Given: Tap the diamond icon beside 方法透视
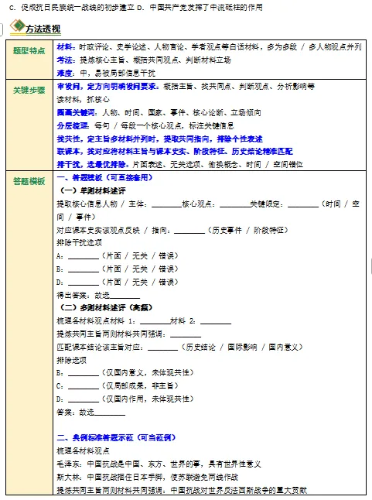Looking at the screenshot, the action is (x=16, y=28).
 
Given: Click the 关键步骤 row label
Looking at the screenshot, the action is (x=30, y=90).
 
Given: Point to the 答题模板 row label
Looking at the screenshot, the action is (x=30, y=180).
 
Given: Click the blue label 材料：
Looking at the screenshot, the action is (x=67, y=47).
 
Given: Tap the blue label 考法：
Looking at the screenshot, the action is (x=67, y=58).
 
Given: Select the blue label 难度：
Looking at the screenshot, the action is (x=67, y=70).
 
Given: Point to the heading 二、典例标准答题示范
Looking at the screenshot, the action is (x=105, y=437).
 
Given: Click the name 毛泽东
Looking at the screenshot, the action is (x=67, y=464).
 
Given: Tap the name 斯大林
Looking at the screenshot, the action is (x=67, y=476).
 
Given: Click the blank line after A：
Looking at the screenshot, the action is (x=83, y=255).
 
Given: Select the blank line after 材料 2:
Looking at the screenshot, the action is (x=216, y=320).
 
